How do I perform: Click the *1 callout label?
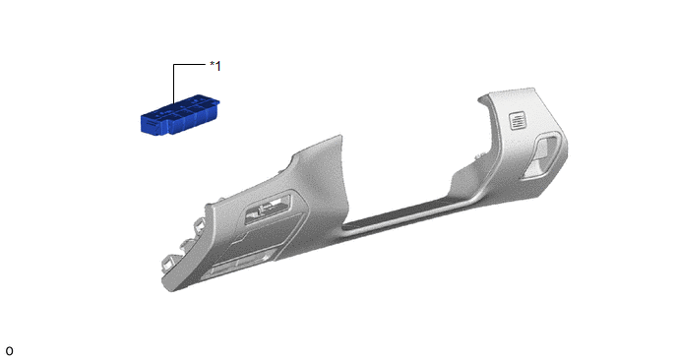click(x=215, y=66)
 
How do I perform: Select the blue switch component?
click(x=180, y=114)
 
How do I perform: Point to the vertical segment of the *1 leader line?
click(x=173, y=84)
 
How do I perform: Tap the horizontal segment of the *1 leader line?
click(x=190, y=64)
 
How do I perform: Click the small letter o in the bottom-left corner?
click(x=9, y=351)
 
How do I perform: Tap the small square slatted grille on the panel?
click(x=518, y=120)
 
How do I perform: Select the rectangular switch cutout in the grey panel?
click(x=268, y=209)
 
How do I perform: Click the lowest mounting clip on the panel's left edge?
click(x=168, y=262)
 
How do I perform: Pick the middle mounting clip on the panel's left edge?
click(x=189, y=241)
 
